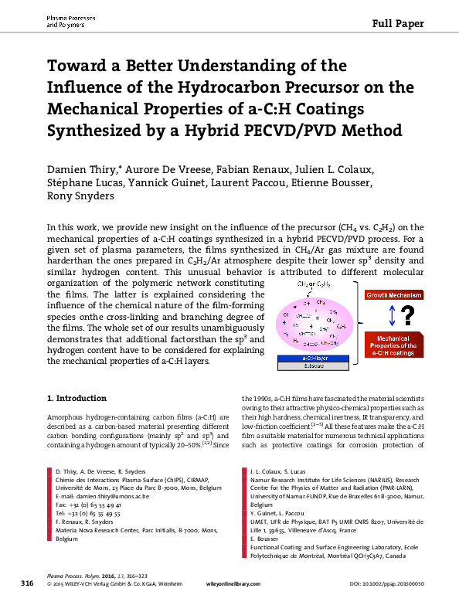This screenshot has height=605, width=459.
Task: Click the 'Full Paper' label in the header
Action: point(398,23)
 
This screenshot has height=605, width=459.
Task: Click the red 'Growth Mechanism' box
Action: point(393,295)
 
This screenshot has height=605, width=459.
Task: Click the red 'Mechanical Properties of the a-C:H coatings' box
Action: point(393,345)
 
